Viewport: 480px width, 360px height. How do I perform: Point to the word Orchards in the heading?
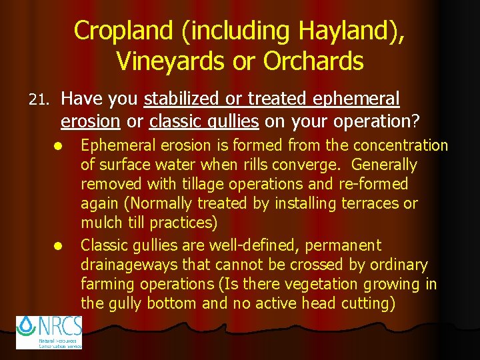point(313,61)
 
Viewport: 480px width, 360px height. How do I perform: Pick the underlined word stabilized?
point(182,99)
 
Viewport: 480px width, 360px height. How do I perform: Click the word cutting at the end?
point(366,303)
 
